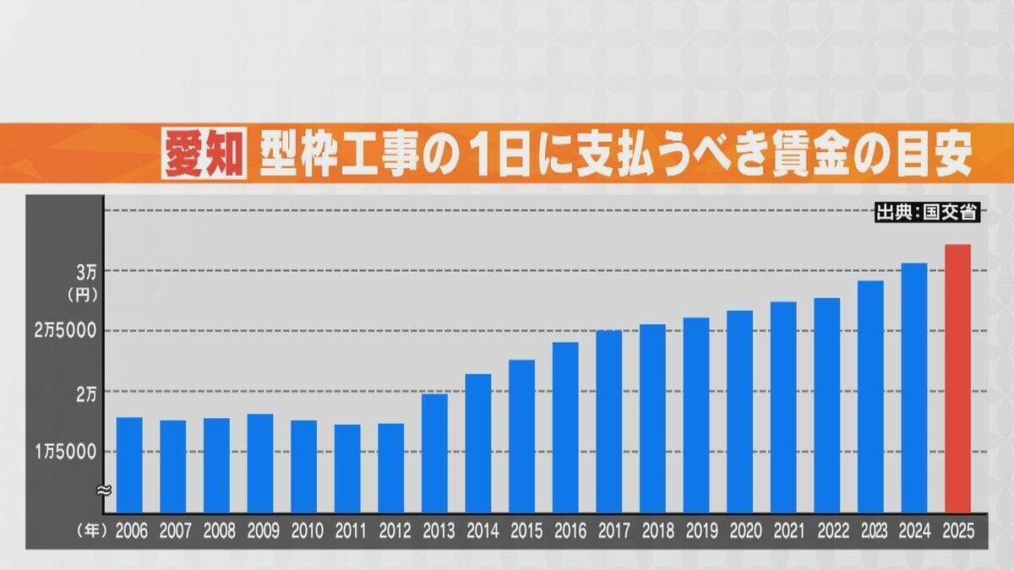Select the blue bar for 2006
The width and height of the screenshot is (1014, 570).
coord(129,464)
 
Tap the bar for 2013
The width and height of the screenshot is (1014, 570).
coord(434,453)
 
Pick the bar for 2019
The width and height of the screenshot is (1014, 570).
coord(696,415)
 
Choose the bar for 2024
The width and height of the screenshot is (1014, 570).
coord(914,388)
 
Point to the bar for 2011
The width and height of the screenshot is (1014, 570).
coord(347,468)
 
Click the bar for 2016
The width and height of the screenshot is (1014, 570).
coord(565,426)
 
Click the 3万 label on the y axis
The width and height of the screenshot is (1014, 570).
coord(86,272)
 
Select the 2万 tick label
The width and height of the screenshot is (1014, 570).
coord(86,393)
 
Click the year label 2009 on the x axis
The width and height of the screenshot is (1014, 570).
coord(260,532)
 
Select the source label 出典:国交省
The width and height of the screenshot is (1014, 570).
coord(926,213)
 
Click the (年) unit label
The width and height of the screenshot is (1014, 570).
coord(89,532)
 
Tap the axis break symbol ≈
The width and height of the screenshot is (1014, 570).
coord(103,489)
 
